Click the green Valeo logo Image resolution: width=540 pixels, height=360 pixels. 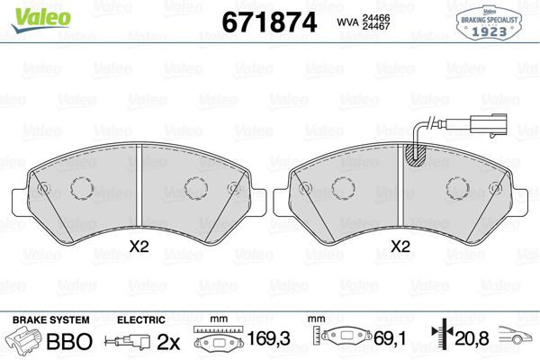tap(40, 19)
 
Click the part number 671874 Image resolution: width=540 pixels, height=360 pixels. tap(269, 22)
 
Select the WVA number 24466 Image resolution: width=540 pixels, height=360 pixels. tap(376, 18)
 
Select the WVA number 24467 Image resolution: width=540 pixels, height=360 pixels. tap(376, 26)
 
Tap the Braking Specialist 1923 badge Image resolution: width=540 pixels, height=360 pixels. tap(489, 23)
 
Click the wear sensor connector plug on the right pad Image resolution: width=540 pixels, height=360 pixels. tap(489, 126)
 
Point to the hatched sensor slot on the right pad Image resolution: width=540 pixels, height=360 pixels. tap(416, 156)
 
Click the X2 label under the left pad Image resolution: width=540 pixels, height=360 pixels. tap(139, 247)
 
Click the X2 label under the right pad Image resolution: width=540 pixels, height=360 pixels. tap(400, 247)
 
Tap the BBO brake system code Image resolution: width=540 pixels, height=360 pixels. tap(69, 342)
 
